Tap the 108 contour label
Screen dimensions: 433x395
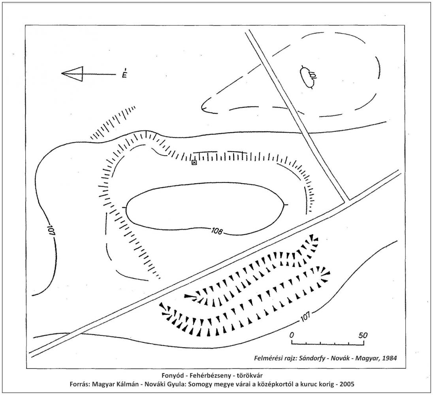coord(217,231)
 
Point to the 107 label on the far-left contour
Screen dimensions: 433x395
coord(51,229)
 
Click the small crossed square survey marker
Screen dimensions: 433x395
coord(194,163)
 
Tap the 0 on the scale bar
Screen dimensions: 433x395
coord(291,335)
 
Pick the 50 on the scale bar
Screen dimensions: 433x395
coord(363,335)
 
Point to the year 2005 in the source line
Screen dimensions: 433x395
coord(347,384)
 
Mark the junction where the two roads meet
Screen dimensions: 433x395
coord(347,201)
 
